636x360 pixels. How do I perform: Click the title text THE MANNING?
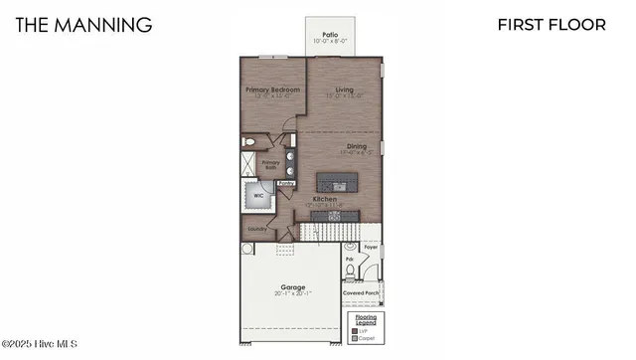tap(84, 24)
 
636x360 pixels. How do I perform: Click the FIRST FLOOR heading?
tap(552, 24)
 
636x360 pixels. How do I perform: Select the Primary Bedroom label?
tap(271, 90)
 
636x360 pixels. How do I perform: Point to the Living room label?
tap(345, 90)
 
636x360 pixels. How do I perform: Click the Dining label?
tap(357, 147)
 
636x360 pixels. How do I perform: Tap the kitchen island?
tap(336, 183)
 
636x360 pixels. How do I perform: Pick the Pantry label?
tap(286, 184)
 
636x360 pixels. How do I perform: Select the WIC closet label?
tap(258, 196)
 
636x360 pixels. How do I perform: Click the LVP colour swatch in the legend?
tap(357, 330)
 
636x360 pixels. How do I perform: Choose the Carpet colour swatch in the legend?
tap(357, 338)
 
